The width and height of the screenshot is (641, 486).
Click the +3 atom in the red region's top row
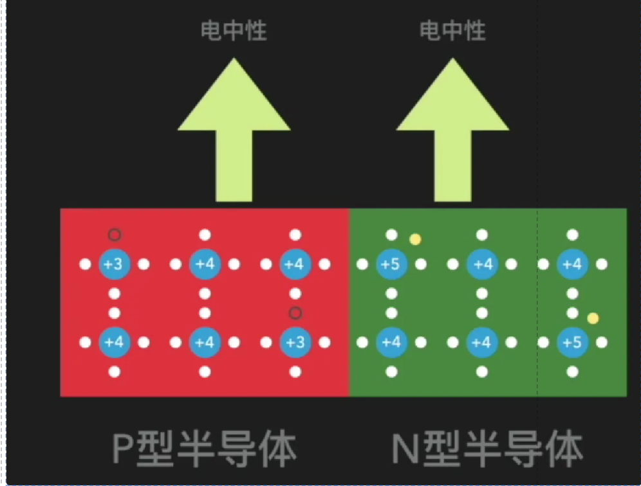pos(115,264)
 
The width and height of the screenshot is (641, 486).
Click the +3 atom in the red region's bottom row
pos(295,343)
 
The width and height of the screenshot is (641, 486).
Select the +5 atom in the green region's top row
pos(391,264)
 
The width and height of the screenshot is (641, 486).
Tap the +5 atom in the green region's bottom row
pos(571,343)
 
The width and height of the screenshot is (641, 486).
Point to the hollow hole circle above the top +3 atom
pos(115,235)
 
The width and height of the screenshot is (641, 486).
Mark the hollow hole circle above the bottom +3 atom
pos(295,313)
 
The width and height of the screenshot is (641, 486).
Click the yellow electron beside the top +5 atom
pos(416,240)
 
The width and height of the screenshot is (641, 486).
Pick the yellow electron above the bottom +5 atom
pos(593,318)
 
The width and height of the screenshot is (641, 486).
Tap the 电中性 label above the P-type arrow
pos(234,30)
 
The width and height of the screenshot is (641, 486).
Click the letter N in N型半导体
pos(405,448)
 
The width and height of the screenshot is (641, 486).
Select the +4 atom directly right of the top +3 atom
pos(205,264)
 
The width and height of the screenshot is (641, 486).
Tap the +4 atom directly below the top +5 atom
pos(391,343)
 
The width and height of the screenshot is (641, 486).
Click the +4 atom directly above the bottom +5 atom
pos(571,264)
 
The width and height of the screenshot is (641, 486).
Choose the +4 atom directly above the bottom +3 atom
pos(295,264)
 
